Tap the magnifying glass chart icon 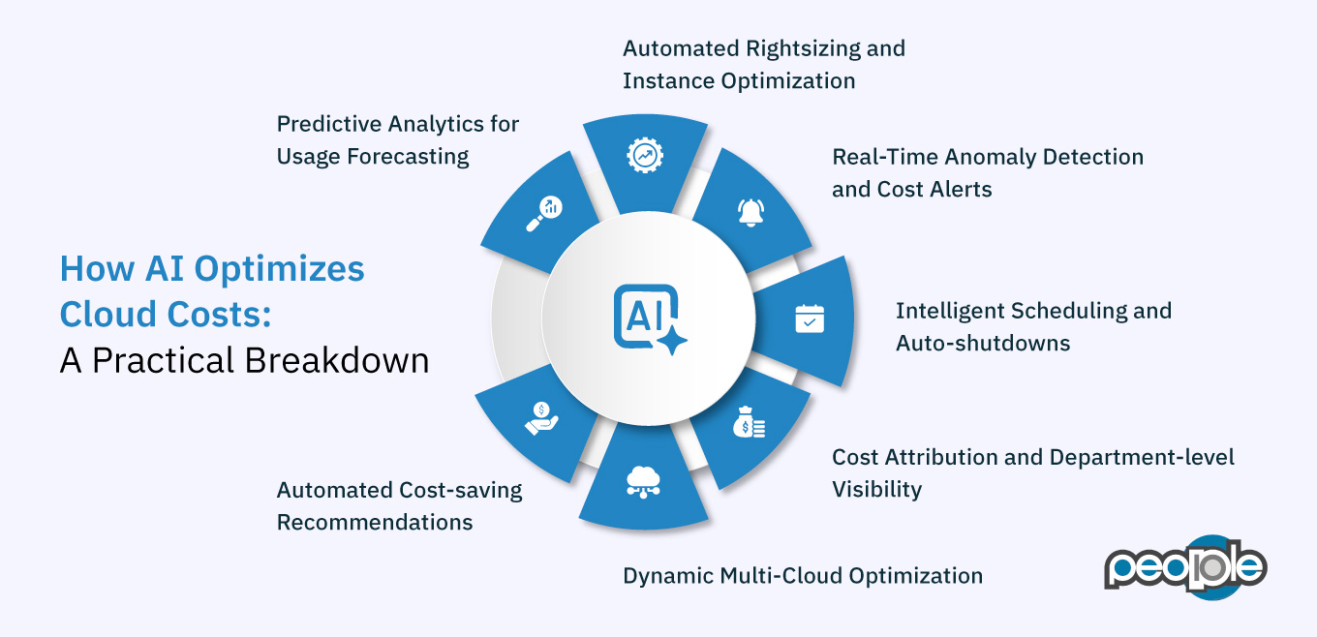point(544,215)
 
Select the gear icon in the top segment point(645,155)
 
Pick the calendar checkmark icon point(809,318)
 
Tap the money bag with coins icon point(749,422)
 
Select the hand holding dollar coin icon point(540,418)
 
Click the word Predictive point(328,124)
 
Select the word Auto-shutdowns point(982,343)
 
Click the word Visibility point(876,489)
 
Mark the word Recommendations point(375,522)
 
